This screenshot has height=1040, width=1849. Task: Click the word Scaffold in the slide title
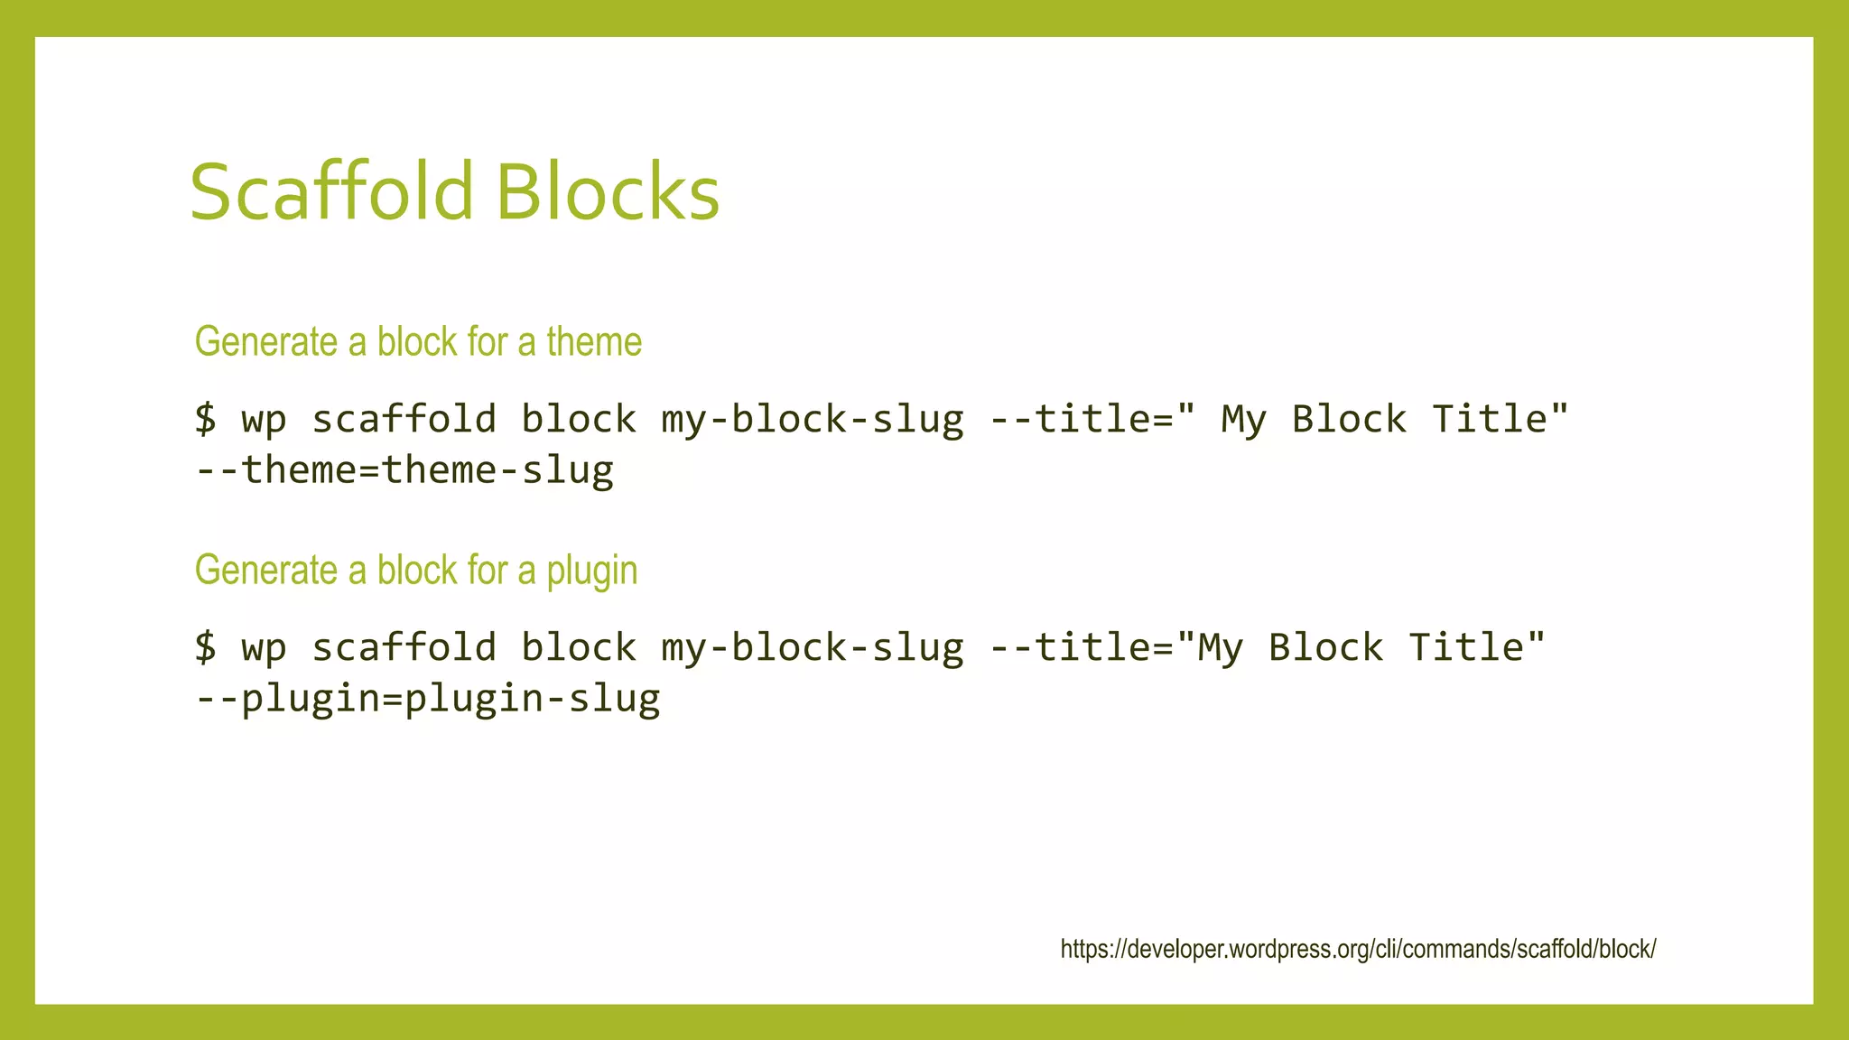coord(331,191)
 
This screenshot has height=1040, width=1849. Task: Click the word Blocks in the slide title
coord(608,191)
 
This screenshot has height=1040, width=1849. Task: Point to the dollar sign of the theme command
coord(206,419)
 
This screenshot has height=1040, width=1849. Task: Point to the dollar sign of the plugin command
coord(206,647)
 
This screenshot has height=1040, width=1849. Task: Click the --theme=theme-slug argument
coord(404,470)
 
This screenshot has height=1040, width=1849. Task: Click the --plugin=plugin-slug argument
coord(428,699)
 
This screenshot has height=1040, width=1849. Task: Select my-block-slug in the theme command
coord(813,420)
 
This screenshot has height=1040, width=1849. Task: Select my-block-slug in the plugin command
coord(813,648)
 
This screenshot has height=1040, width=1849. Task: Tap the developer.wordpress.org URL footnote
coord(1358,949)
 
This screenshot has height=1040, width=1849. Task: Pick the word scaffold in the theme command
coord(404,419)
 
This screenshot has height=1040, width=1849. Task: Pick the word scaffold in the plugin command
coord(404,647)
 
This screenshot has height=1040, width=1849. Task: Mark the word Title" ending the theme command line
coord(1501,419)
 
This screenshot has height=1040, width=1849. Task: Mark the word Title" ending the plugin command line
coord(1477,647)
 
